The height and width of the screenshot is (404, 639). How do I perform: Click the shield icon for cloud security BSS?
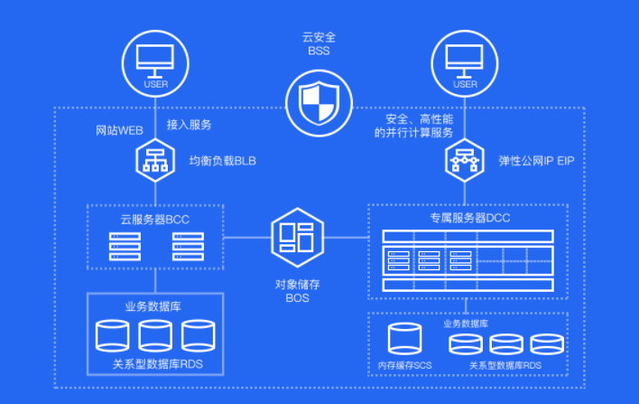(319, 103)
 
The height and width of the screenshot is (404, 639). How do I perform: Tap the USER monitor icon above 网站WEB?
(155, 63)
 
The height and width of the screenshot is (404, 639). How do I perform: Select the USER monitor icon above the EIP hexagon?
(465, 63)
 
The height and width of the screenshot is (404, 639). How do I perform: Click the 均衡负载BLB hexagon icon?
(155, 160)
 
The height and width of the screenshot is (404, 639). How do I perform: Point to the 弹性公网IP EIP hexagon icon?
(465, 160)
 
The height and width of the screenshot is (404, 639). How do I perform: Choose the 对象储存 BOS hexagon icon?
(298, 238)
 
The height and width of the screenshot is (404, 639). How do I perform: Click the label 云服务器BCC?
(155, 220)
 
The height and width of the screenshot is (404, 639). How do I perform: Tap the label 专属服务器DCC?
(470, 218)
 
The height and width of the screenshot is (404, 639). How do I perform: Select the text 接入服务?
(190, 125)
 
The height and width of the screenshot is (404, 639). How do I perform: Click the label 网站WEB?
(119, 130)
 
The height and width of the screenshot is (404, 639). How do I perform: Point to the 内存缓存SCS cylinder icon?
(404, 339)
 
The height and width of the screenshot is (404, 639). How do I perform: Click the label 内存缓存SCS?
(404, 365)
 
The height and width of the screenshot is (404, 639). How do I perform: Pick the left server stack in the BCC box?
(125, 247)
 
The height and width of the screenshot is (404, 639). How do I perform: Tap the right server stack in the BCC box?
(188, 247)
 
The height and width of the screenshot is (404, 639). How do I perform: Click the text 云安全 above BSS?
(319, 38)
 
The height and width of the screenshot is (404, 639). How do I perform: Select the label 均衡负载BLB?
(223, 161)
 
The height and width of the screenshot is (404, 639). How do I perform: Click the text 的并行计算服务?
(413, 133)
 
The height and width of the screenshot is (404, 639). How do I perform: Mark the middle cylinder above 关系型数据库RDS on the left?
(155, 336)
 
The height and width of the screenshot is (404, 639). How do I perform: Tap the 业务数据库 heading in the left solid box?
(153, 306)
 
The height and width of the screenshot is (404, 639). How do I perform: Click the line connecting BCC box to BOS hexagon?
(247, 238)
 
